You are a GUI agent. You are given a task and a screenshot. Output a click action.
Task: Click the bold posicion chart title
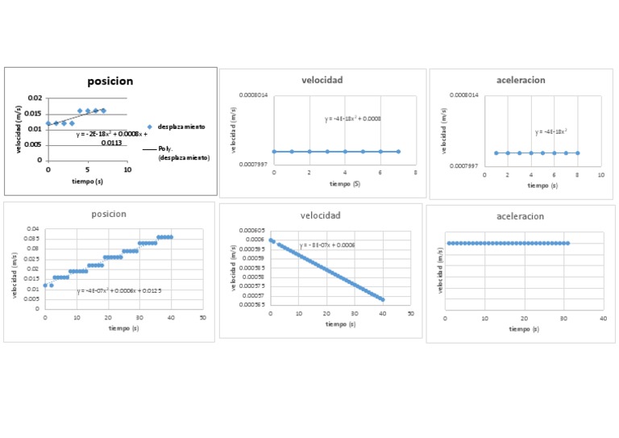(x=110, y=81)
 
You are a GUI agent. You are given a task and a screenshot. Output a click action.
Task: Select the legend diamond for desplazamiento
(x=150, y=127)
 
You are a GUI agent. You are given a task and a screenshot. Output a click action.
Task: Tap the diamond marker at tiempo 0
(x=48, y=123)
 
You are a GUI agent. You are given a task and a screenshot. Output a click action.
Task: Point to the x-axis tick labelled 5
(x=88, y=169)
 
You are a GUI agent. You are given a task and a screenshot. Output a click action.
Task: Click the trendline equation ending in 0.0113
(x=112, y=139)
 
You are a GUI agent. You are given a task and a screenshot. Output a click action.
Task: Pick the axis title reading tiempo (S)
(x=344, y=184)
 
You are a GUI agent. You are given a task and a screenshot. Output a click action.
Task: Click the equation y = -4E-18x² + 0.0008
(x=352, y=119)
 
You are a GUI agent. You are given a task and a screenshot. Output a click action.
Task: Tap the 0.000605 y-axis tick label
(x=252, y=230)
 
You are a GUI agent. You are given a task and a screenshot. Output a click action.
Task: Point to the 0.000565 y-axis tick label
(x=252, y=305)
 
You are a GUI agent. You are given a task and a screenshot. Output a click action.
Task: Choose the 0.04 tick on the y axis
(x=32, y=229)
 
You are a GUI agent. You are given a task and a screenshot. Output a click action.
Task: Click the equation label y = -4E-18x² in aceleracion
(x=550, y=131)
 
